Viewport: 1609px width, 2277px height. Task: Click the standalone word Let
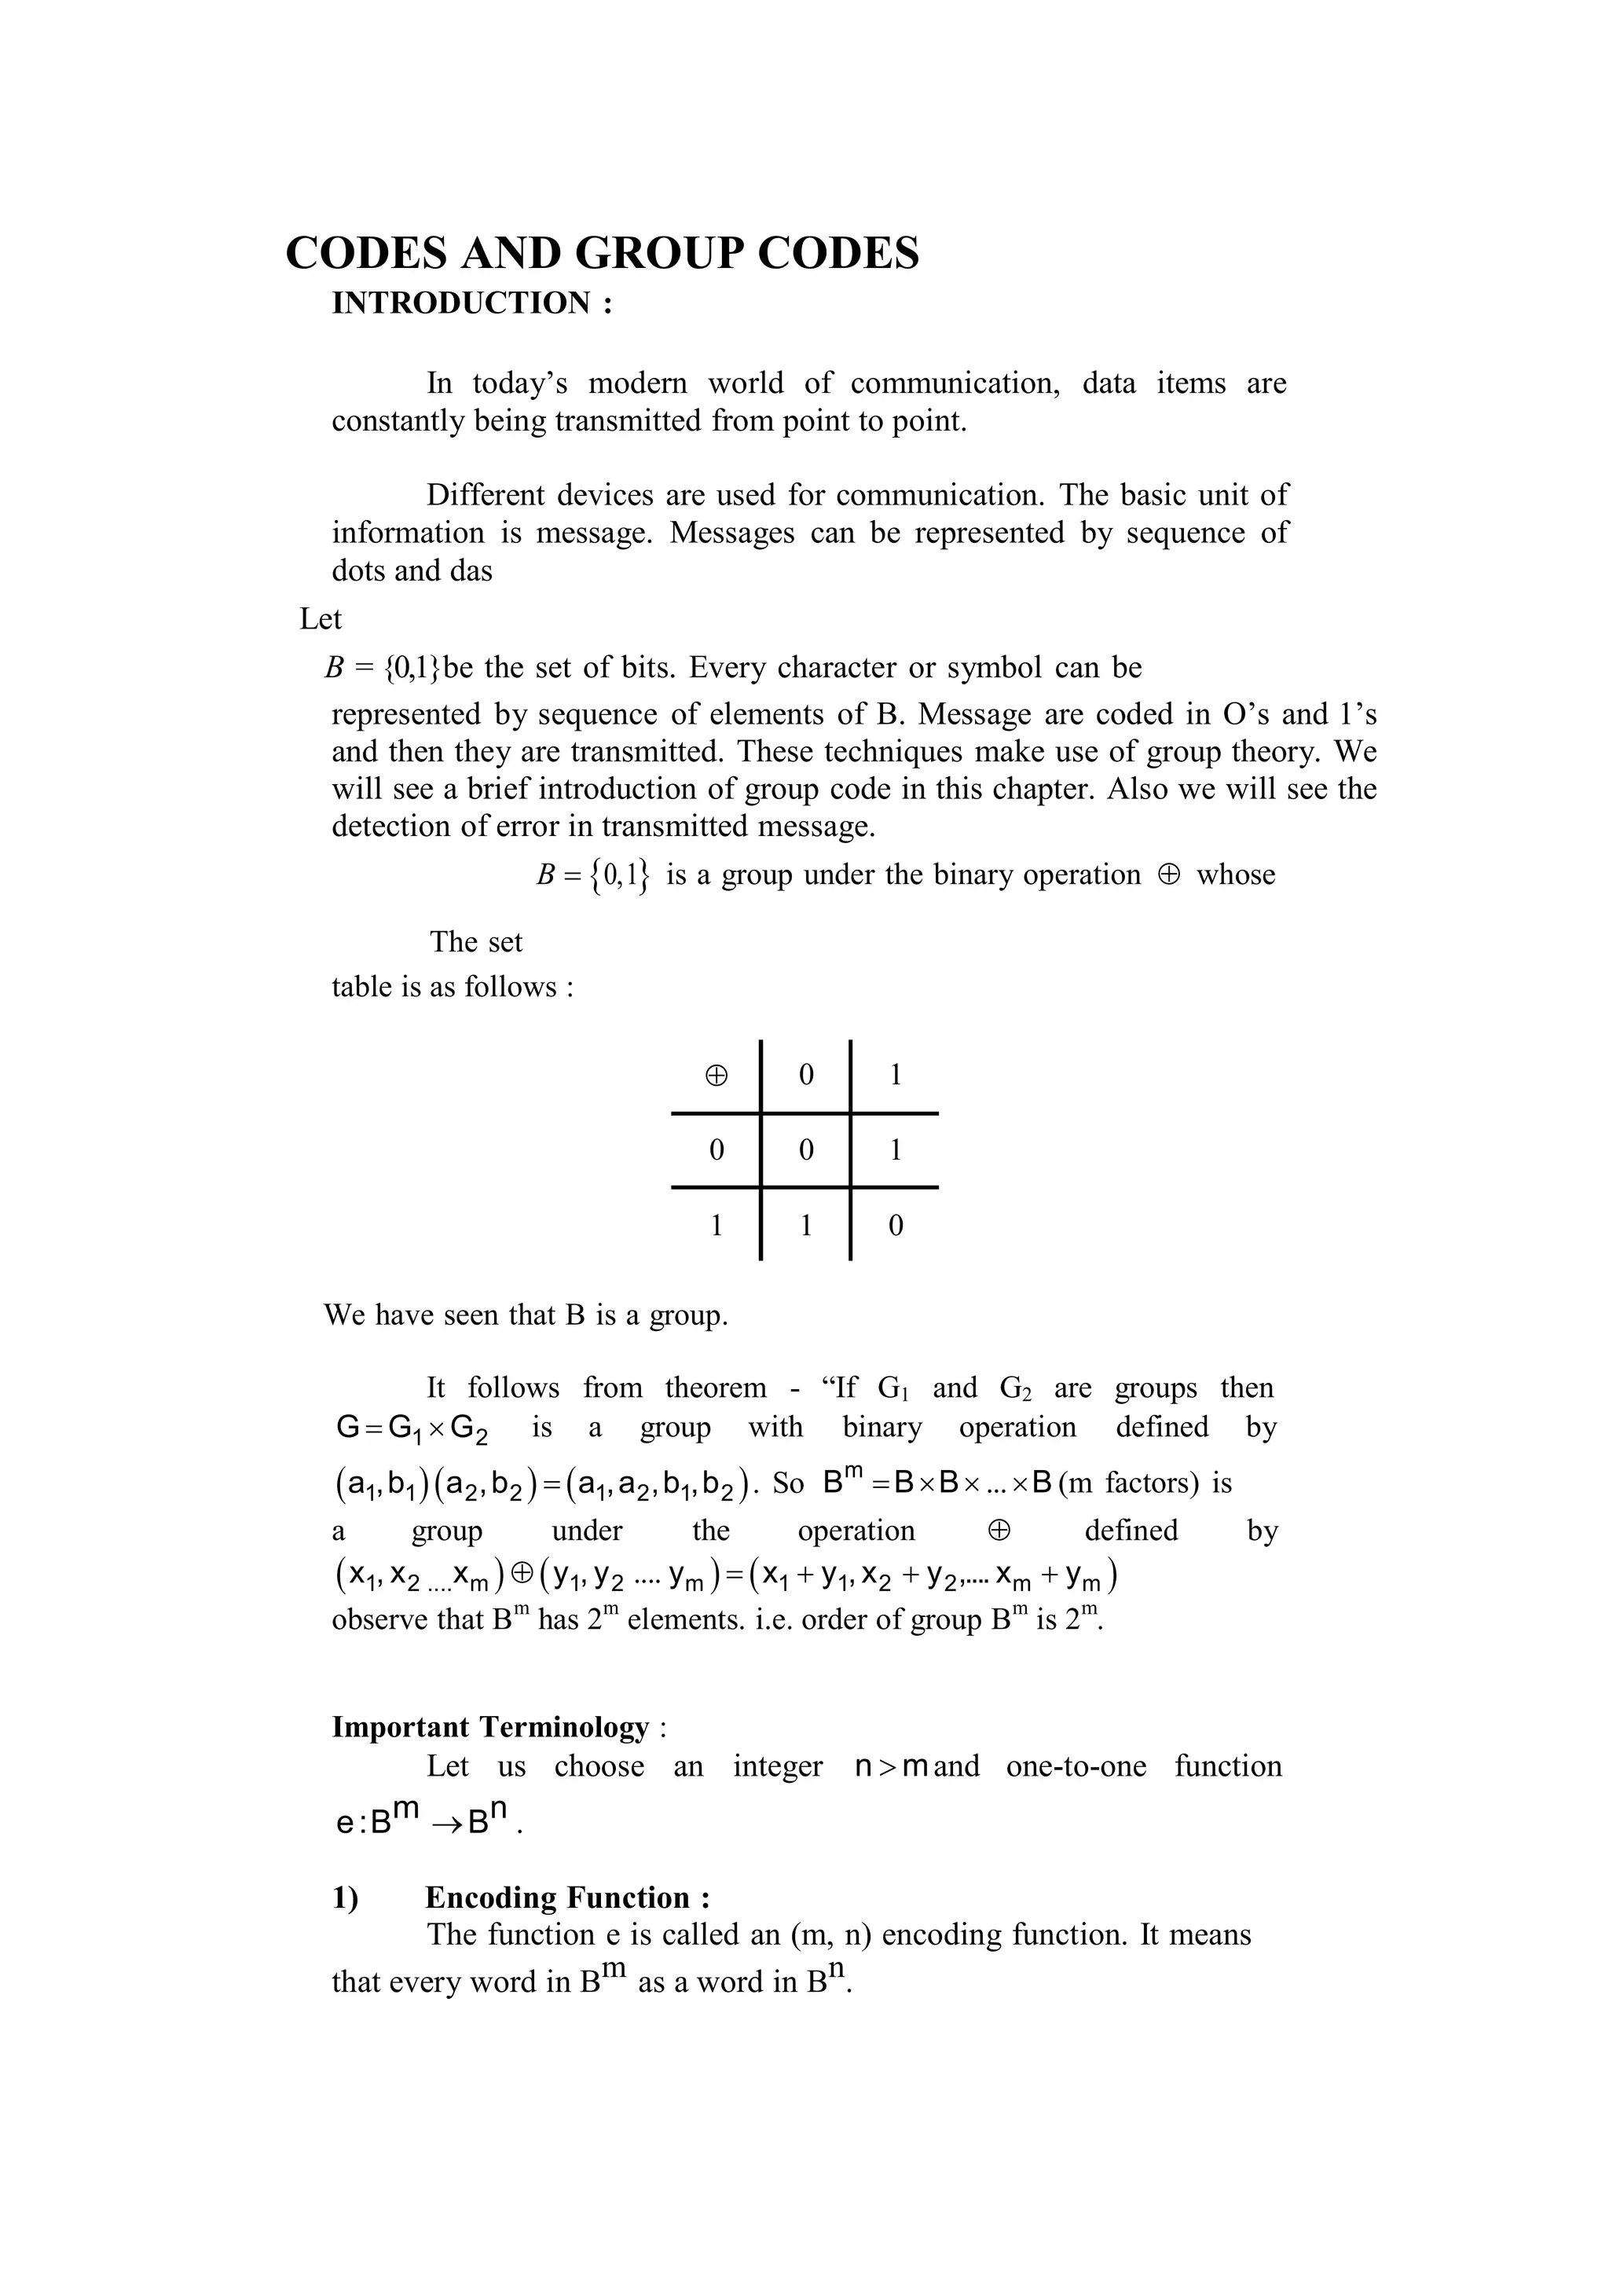321,619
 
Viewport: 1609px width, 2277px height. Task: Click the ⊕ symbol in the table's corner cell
716,1075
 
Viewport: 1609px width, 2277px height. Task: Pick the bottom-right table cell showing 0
895,1226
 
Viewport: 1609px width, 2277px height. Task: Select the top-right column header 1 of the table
895,1075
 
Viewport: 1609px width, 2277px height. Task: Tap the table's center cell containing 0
806,1150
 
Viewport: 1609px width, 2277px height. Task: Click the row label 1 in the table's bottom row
716,1226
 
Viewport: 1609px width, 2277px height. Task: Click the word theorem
715,1388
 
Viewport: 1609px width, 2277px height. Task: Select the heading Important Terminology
489,1726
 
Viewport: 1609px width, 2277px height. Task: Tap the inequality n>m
890,1766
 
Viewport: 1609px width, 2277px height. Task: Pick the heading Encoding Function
567,1897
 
